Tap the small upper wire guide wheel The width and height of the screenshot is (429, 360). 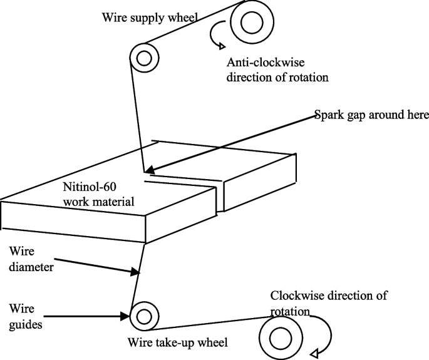(x=143, y=59)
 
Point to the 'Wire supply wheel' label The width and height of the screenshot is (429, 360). (x=149, y=17)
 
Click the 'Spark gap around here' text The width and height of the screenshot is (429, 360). (x=371, y=115)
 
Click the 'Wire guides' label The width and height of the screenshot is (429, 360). (x=26, y=316)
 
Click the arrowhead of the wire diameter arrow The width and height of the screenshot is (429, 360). (x=135, y=273)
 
